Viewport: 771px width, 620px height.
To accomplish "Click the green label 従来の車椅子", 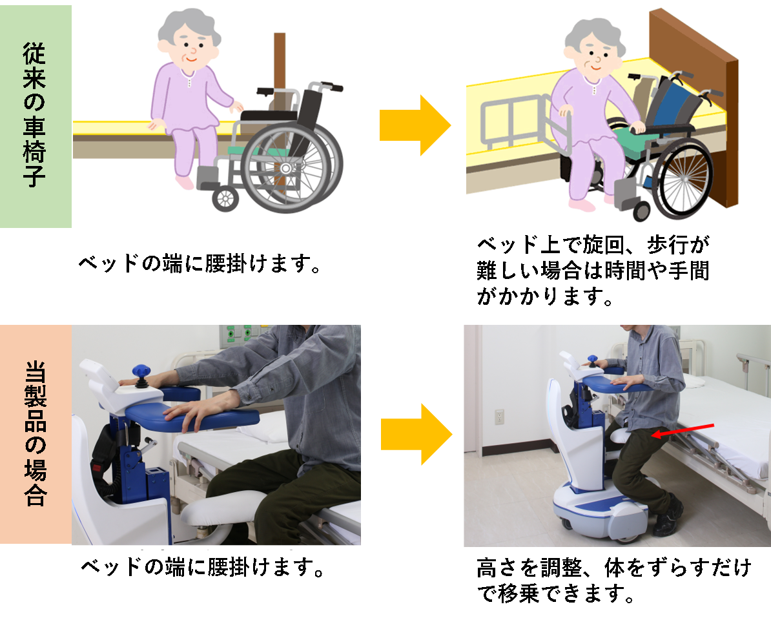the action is click(x=34, y=115).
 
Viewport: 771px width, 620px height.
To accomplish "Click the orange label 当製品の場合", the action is click(x=36, y=433).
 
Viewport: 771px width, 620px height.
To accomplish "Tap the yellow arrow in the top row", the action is click(x=415, y=125).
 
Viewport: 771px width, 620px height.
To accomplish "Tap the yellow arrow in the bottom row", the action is click(x=416, y=434).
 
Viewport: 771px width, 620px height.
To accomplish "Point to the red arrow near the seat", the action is click(x=683, y=430).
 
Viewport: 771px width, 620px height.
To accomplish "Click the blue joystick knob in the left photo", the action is click(x=141, y=372).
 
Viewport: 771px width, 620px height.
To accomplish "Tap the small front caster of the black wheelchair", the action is click(x=225, y=199).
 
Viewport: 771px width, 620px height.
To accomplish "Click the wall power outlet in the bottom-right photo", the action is click(x=500, y=417).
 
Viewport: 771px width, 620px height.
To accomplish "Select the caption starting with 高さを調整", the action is click(x=613, y=581).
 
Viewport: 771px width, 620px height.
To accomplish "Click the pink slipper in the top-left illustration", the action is click(x=185, y=182).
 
